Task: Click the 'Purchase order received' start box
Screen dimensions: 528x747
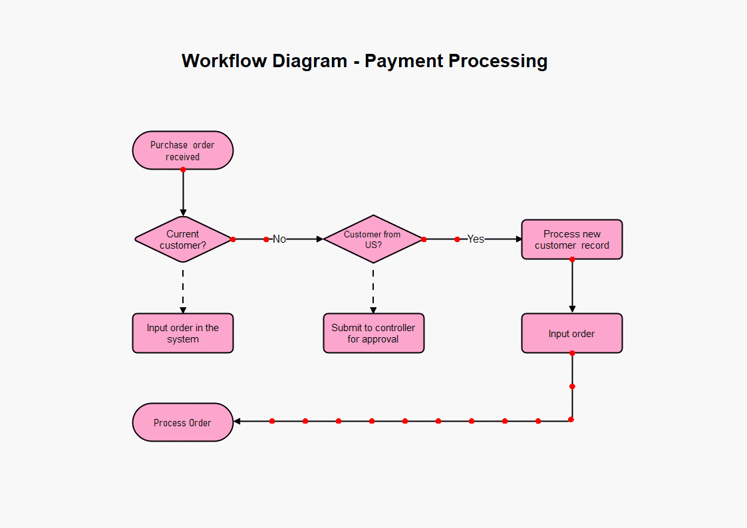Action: tap(183, 150)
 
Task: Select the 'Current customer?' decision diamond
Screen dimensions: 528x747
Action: tap(183, 239)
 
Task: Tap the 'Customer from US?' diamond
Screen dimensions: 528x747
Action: tap(373, 239)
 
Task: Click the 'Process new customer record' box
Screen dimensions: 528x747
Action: tap(572, 239)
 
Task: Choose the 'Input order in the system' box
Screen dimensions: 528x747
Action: tap(183, 333)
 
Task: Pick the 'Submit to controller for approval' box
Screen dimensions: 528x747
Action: tap(373, 333)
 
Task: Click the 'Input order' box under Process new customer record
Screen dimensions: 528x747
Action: tap(572, 333)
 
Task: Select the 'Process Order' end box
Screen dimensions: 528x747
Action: tap(183, 422)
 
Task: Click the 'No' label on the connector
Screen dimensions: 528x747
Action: tap(279, 239)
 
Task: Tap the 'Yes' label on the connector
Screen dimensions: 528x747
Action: tap(476, 239)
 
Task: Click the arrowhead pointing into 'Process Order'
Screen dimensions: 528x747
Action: tap(237, 421)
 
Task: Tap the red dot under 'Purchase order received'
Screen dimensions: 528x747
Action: tap(183, 170)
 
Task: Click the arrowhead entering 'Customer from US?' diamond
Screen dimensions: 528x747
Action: tap(319, 239)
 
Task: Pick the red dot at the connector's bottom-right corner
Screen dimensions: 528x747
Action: tap(571, 420)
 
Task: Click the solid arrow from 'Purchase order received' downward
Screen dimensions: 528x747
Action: tap(183, 193)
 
